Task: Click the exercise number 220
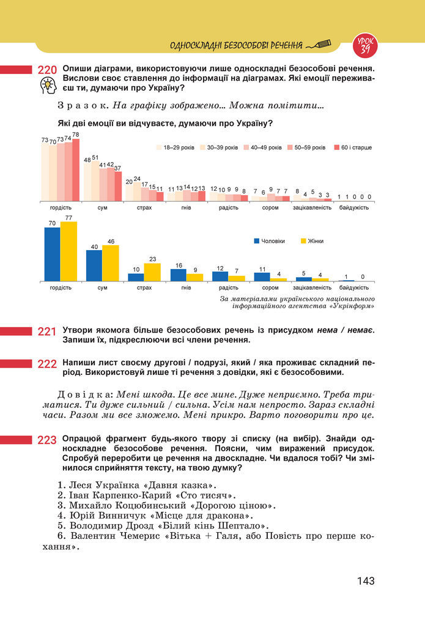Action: pos(48,71)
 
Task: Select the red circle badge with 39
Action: pos(365,45)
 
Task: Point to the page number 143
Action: pos(366,581)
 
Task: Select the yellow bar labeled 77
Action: pos(69,251)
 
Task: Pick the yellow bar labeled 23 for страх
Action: pos(152,272)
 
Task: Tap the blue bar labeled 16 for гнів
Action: pos(178,275)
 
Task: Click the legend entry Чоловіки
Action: pos(269,241)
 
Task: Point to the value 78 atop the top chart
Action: pos(76,135)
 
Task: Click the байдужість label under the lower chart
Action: pos(354,287)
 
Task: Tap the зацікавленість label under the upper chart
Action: pos(312,208)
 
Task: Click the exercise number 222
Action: pos(48,364)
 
